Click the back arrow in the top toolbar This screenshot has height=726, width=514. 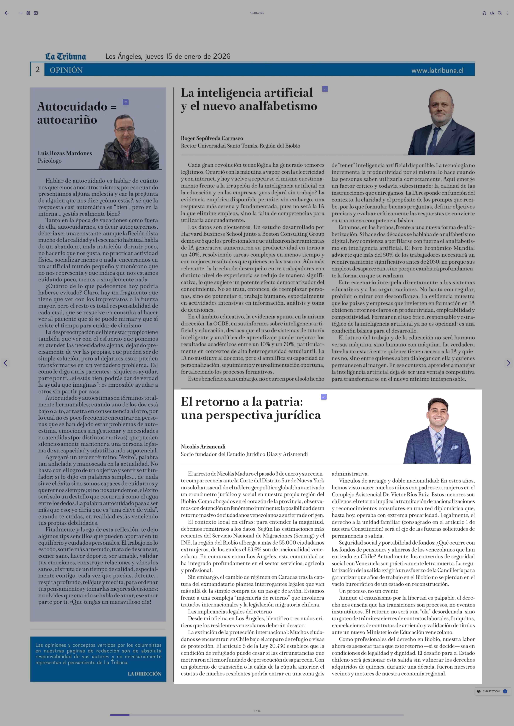tap(7, 13)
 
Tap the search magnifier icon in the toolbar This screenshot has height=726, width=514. tap(499, 13)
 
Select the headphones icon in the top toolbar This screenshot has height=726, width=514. tap(484, 13)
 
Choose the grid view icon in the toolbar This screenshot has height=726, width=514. tap(28, 13)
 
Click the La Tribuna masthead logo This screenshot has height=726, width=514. tap(65, 57)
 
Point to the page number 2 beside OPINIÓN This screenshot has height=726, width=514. tap(38, 70)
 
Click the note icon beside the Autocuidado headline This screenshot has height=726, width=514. tap(126, 102)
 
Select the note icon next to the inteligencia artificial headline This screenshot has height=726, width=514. tap(325, 89)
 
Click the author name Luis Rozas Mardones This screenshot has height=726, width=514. tap(65, 153)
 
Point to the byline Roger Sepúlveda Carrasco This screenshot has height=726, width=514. tap(212, 138)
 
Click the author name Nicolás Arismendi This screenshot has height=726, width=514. tap(203, 446)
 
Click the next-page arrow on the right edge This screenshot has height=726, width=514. tap(508, 363)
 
